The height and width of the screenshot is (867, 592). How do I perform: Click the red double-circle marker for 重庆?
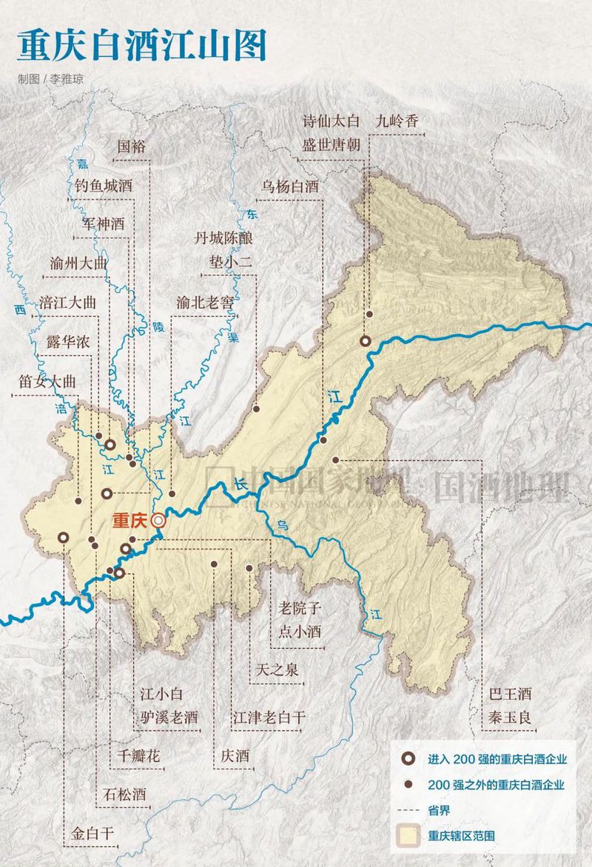click(158, 521)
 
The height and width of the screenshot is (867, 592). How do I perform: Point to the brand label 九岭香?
click(397, 121)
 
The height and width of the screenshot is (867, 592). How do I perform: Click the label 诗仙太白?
click(331, 121)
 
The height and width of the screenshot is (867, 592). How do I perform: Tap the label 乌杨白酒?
click(289, 187)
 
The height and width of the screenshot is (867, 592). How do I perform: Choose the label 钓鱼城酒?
click(103, 186)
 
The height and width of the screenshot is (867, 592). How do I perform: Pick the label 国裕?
click(132, 146)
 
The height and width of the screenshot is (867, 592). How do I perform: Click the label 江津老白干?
click(269, 716)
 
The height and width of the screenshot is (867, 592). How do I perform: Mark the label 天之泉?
click(277, 670)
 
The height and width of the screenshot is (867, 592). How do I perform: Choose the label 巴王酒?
click(511, 694)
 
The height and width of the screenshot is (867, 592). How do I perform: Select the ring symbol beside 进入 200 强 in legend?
click(406, 759)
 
